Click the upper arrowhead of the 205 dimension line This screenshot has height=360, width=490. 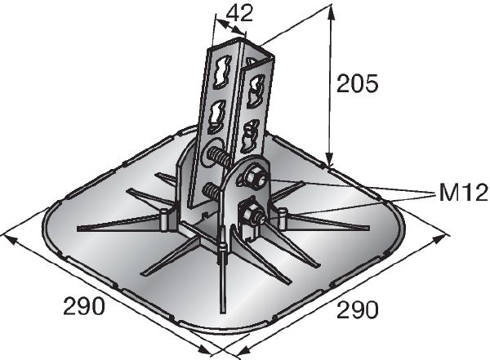pos(332,10)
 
